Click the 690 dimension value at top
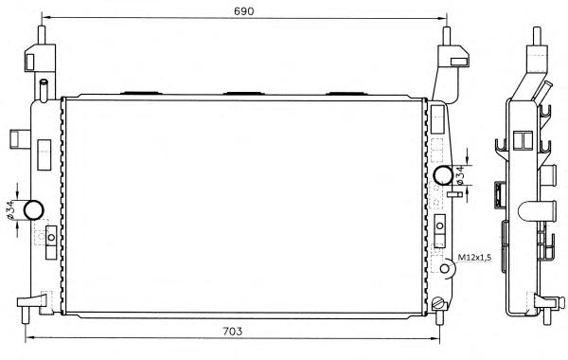[244, 10]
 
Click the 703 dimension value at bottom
[232, 331]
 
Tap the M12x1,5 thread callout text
[474, 258]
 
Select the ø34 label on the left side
[10, 210]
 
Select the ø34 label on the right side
[460, 175]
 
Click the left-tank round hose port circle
[34, 209]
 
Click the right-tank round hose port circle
[443, 175]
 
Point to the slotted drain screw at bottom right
[437, 303]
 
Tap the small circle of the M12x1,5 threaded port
[445, 268]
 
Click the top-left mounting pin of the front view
[42, 35]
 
